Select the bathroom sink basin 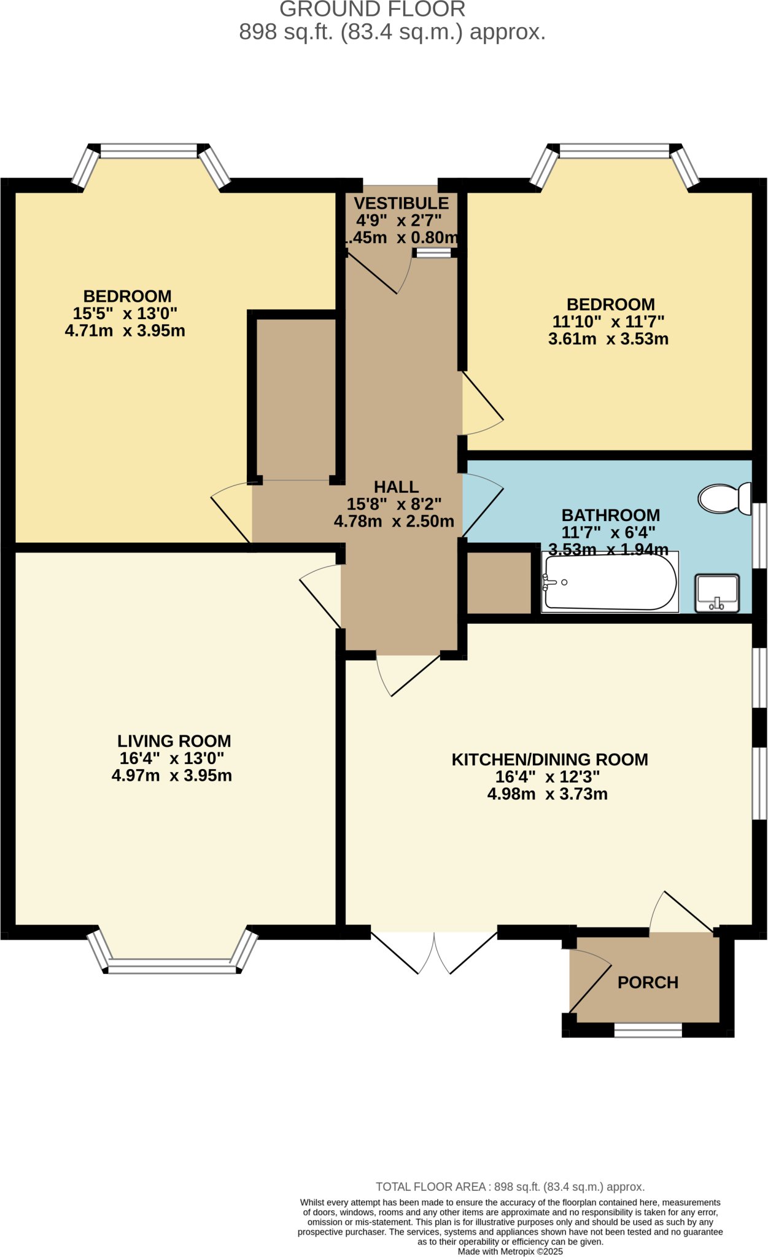click(716, 593)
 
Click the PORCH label click(648, 983)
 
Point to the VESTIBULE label click(401, 203)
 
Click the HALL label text click(396, 487)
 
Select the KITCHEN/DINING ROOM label click(549, 759)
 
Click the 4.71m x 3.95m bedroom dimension click(125, 331)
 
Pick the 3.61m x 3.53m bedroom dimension click(608, 339)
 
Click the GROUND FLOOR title click(372, 10)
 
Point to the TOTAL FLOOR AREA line click(510, 1186)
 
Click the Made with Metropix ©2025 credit click(510, 1251)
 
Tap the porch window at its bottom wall click(648, 1031)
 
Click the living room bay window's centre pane click(172, 970)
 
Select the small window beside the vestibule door click(433, 253)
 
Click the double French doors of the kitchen click(434, 951)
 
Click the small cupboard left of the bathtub click(499, 582)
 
